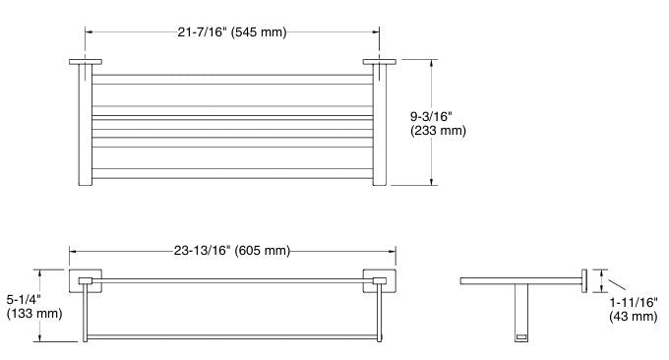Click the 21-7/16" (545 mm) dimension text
click(232, 32)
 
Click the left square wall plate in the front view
click(83, 282)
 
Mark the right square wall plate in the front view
click(380, 282)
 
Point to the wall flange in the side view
click(583, 281)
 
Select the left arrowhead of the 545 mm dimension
click(86, 32)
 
